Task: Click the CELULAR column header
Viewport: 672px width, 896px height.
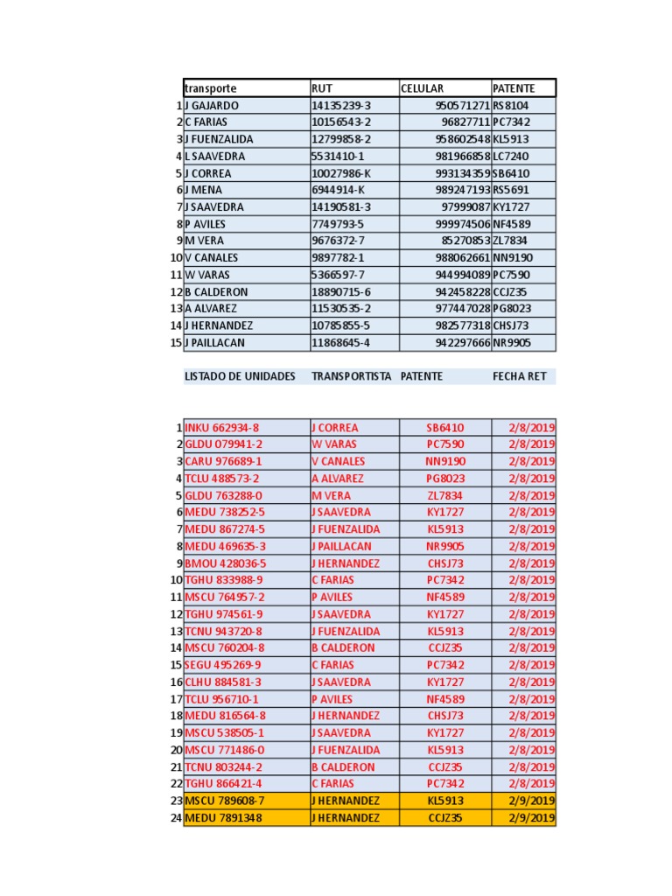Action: tap(423, 88)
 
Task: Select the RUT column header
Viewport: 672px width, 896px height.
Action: tap(323, 88)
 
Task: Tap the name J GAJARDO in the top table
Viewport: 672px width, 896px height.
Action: tap(212, 106)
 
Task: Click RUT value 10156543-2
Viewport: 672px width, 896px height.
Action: tap(341, 122)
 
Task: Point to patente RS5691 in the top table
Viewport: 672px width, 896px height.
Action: tap(511, 191)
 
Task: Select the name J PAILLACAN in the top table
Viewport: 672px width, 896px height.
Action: tap(215, 343)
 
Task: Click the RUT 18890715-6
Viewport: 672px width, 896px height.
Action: tap(341, 292)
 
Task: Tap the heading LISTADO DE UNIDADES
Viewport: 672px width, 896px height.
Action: tap(240, 376)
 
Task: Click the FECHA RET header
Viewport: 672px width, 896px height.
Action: tap(519, 376)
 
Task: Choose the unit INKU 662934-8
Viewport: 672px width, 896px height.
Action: tap(222, 428)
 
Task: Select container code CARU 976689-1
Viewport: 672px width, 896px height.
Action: tap(223, 462)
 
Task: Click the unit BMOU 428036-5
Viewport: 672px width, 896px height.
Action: tap(225, 563)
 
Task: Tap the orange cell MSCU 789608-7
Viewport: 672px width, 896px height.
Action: tap(225, 801)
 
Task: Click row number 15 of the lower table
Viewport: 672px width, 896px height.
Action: tap(176, 665)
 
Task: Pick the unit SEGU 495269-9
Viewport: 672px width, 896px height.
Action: tap(223, 665)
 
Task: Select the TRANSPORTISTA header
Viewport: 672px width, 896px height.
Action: tap(351, 376)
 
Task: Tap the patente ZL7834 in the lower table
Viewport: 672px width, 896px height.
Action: tap(445, 495)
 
